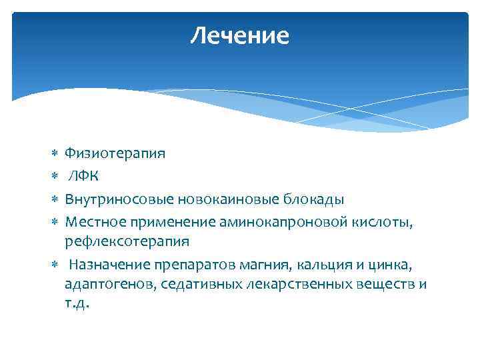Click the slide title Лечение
pyautogui.click(x=239, y=36)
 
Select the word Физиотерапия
pyautogui.click(x=115, y=154)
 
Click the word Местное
pyautogui.click(x=92, y=221)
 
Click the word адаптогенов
pyautogui.click(x=105, y=285)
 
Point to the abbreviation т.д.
pyautogui.click(x=77, y=303)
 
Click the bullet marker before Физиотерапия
pyautogui.click(x=53, y=154)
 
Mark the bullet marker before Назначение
pyautogui.click(x=53, y=265)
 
